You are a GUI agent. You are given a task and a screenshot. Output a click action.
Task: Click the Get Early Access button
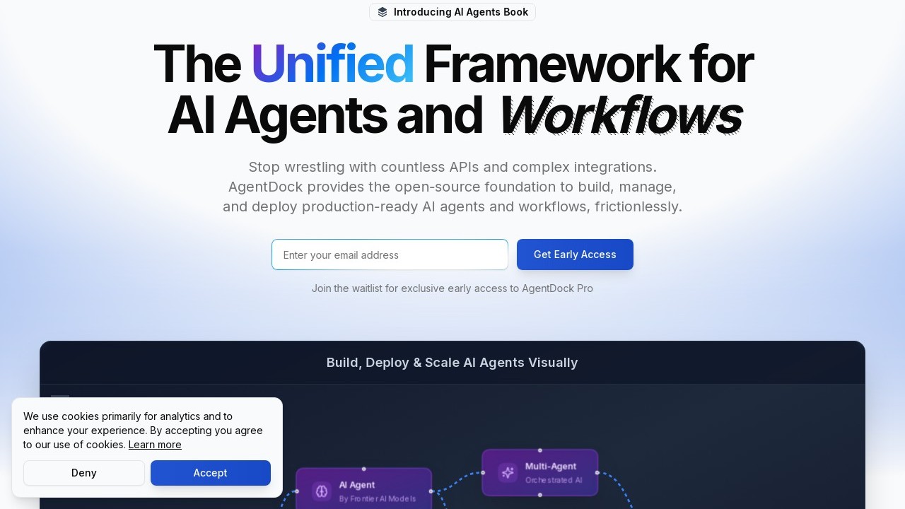pos(575,255)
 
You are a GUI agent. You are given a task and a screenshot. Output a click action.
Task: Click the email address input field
pos(390,255)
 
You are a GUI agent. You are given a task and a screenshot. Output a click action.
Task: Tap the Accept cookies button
pos(210,473)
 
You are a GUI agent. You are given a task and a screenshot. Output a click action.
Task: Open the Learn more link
pos(155,445)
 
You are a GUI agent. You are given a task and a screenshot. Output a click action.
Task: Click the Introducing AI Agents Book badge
pos(452,12)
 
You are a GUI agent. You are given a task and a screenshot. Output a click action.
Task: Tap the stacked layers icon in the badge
pos(383,12)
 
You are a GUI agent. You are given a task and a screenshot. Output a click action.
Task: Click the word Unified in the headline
pos(332,64)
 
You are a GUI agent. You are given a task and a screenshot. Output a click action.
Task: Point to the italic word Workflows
pos(621,115)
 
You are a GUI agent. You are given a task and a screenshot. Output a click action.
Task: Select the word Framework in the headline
pos(552,64)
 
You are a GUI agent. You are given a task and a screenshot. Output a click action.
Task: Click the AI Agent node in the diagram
pos(363,489)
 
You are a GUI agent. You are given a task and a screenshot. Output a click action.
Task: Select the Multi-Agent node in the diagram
pos(539,472)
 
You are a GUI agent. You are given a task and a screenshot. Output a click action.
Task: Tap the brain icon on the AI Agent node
pos(322,491)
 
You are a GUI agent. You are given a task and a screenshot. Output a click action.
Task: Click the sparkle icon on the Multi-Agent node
pos(508,472)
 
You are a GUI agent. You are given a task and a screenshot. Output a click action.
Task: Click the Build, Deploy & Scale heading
pos(452,363)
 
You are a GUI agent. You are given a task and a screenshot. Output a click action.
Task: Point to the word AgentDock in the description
pos(265,187)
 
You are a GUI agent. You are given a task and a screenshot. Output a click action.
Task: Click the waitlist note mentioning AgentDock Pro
pos(452,288)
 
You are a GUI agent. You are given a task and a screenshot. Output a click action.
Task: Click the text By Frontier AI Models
pos(378,499)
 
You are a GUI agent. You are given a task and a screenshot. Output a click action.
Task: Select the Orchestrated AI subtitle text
pos(554,481)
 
